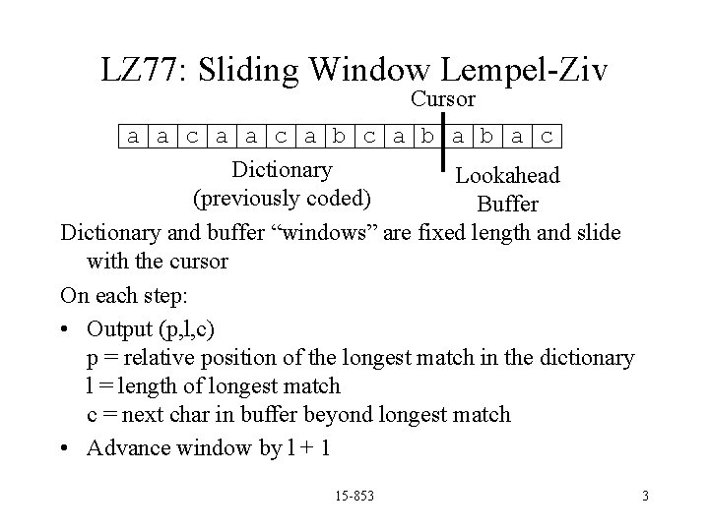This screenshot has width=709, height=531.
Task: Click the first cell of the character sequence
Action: point(133,136)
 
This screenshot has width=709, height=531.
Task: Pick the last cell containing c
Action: point(548,136)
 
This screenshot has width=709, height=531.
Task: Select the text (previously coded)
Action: point(283,198)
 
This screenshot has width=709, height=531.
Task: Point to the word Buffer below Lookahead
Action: point(507,204)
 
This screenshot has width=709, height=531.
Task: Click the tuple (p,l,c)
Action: point(198,327)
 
